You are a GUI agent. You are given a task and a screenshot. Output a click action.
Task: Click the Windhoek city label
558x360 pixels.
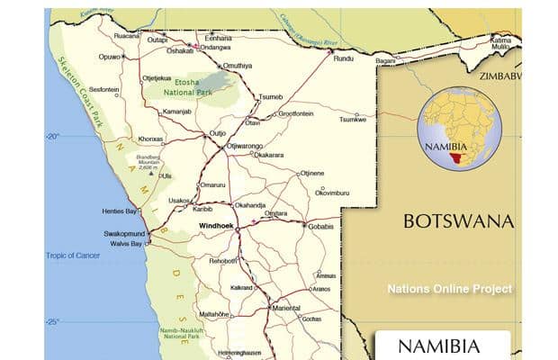point(217,226)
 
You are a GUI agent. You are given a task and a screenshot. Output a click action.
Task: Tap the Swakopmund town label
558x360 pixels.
point(123,233)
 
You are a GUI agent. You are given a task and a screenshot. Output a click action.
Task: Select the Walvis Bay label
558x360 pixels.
point(124,244)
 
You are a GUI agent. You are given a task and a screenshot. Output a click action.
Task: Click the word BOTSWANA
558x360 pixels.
point(458,221)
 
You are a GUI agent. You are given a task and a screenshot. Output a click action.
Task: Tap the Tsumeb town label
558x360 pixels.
point(270,96)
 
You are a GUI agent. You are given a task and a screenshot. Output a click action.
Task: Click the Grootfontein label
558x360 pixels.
point(296,114)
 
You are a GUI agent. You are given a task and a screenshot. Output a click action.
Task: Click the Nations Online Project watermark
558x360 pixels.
point(450,289)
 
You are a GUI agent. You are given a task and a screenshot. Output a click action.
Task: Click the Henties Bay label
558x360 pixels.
point(122,211)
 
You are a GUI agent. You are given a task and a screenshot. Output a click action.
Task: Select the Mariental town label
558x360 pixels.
point(285,308)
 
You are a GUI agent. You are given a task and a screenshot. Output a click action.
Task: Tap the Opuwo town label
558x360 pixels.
point(110,57)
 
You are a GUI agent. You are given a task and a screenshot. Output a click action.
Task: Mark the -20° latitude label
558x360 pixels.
point(51,137)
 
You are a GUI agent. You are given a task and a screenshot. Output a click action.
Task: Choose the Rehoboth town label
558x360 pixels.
point(222,260)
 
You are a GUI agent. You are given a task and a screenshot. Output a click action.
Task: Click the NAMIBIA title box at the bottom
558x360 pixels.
point(441,346)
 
